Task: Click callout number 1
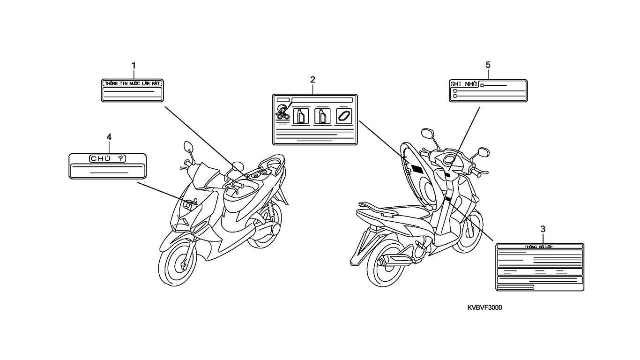coord(134,65)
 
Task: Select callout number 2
coord(313,79)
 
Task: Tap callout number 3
coord(543,229)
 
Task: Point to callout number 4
coord(109,136)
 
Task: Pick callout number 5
coord(488,65)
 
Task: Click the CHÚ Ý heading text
coord(107,158)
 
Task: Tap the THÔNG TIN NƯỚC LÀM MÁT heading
coord(133,83)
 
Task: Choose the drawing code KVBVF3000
coord(485,307)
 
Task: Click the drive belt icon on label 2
coord(343,115)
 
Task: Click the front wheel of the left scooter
coord(179,262)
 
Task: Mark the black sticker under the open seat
coord(417,169)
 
